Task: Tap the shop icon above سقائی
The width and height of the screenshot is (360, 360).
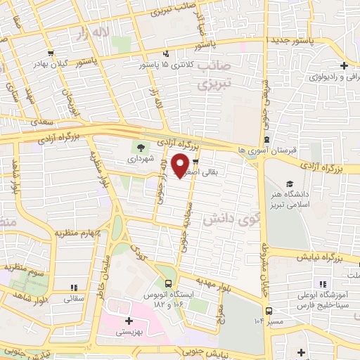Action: click(73, 288)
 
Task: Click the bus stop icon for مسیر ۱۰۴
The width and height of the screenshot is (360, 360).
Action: click(268, 311)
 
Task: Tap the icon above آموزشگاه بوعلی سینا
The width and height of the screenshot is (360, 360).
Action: click(323, 285)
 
